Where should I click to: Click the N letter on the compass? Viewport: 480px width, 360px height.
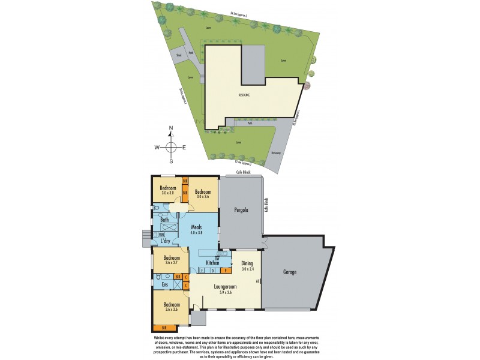click(x=171, y=128)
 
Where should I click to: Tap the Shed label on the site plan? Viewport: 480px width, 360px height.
click(x=178, y=55)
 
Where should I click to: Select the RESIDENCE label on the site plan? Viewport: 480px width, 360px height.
click(x=244, y=95)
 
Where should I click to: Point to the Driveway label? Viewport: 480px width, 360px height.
click(x=276, y=152)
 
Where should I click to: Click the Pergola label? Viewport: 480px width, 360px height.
click(x=241, y=210)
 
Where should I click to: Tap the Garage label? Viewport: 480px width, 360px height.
click(x=289, y=272)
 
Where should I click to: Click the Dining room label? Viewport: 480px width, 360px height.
click(x=247, y=263)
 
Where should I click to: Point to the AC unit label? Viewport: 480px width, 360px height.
click(x=257, y=281)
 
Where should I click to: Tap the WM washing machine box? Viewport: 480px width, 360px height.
click(x=154, y=235)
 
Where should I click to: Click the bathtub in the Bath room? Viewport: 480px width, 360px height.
click(x=167, y=228)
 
